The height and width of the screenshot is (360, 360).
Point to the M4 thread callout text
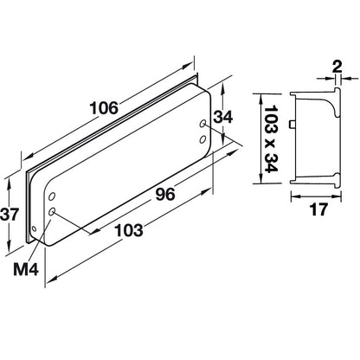click(26, 269)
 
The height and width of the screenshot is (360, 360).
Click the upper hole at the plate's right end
click(204, 124)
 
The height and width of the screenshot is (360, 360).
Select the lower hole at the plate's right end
click(202, 136)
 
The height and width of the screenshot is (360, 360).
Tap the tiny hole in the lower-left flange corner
click(34, 229)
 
